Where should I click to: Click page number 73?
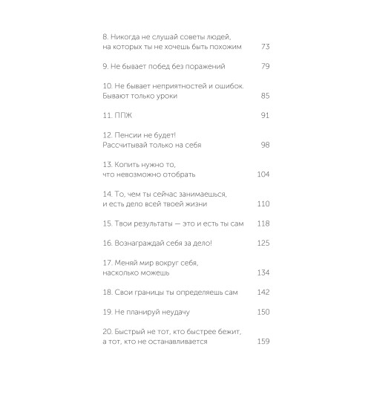tap(265, 47)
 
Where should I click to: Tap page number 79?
tap(265, 67)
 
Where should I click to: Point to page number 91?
tap(265, 116)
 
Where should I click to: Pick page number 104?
tap(263, 174)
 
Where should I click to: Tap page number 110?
tap(263, 203)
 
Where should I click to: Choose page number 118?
tap(263, 223)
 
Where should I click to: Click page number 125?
tap(263, 243)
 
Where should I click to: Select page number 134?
tap(263, 272)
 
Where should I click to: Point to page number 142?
tap(263, 292)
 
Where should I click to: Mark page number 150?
tap(263, 312)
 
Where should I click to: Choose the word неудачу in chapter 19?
tap(183, 312)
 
